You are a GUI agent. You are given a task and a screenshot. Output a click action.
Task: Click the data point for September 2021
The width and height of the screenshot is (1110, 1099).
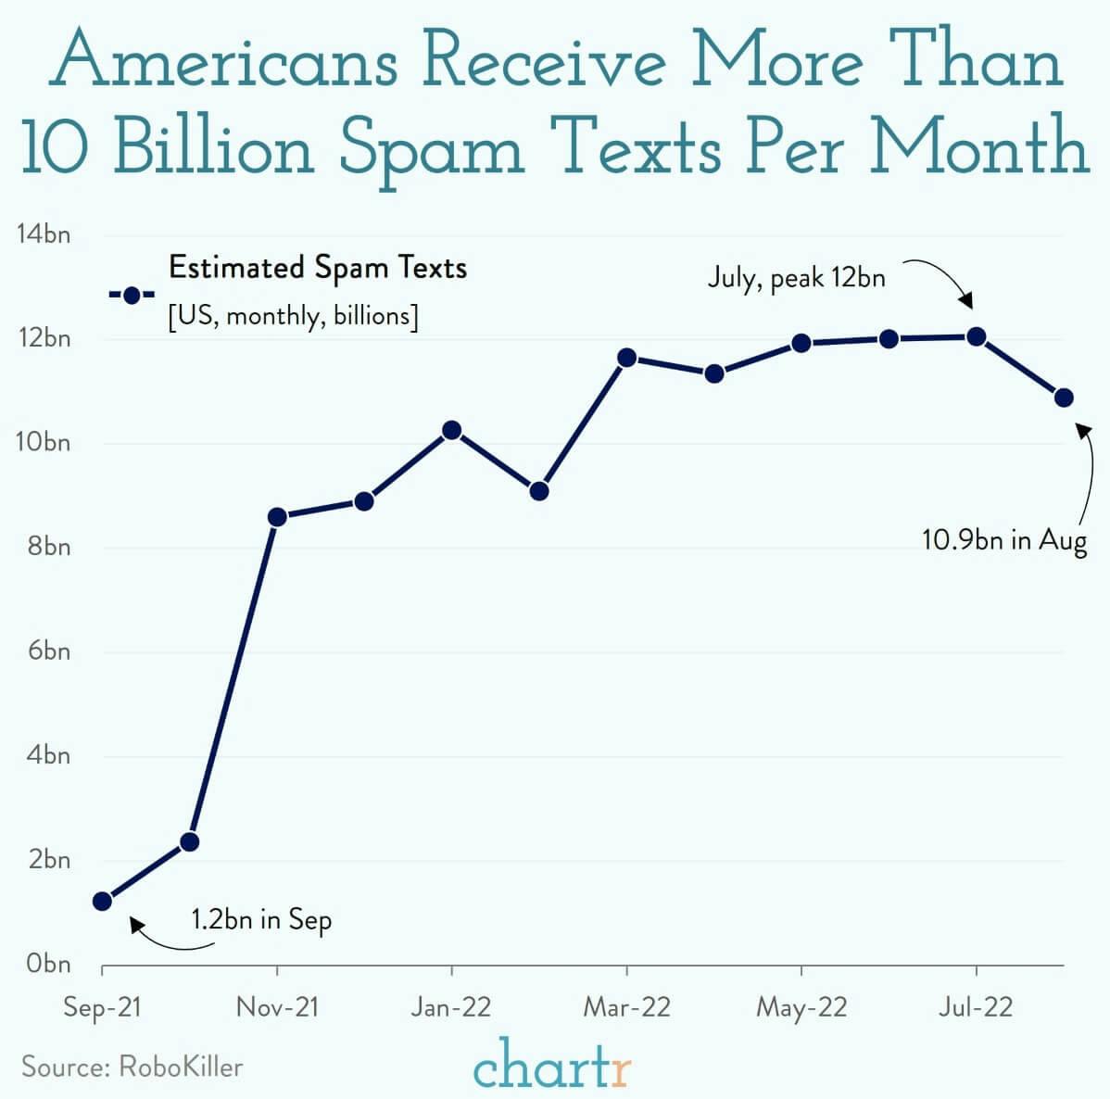click(103, 901)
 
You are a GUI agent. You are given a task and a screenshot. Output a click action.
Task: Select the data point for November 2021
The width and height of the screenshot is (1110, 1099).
click(277, 517)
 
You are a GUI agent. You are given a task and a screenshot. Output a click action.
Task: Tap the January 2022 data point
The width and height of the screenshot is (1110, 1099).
click(452, 430)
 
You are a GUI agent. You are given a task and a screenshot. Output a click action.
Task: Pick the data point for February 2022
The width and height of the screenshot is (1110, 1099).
click(539, 491)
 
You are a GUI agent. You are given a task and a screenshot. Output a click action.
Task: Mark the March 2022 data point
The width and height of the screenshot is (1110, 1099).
click(626, 358)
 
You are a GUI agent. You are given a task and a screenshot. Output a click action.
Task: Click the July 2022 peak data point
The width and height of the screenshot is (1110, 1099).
click(976, 336)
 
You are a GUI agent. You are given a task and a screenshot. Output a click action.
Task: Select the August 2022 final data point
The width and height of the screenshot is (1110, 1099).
click(1064, 398)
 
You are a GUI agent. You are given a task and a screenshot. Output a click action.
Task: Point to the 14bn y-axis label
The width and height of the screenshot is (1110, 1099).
click(43, 234)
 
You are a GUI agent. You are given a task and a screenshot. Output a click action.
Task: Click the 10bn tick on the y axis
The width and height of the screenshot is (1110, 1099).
click(43, 442)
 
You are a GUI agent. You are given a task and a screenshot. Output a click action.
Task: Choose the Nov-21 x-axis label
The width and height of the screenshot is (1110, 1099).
click(277, 1007)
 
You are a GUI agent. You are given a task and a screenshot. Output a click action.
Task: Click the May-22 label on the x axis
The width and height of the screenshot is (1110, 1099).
click(801, 1007)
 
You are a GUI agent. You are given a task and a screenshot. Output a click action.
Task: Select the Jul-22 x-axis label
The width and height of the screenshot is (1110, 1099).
click(976, 1007)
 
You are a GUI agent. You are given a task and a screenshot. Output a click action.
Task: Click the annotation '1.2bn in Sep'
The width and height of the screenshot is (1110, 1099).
click(261, 919)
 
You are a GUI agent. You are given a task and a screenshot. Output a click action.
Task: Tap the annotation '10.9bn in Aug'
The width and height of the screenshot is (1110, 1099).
click(1003, 539)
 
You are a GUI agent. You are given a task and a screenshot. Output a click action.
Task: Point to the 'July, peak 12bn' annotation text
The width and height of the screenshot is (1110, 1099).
click(796, 277)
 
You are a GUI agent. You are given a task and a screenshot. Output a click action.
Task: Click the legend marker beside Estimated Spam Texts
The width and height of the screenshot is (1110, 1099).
click(132, 296)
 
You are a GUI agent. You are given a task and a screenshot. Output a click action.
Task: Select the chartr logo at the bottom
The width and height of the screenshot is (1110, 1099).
click(552, 1064)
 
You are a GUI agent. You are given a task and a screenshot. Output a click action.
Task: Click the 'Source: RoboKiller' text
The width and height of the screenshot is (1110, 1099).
click(132, 1067)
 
